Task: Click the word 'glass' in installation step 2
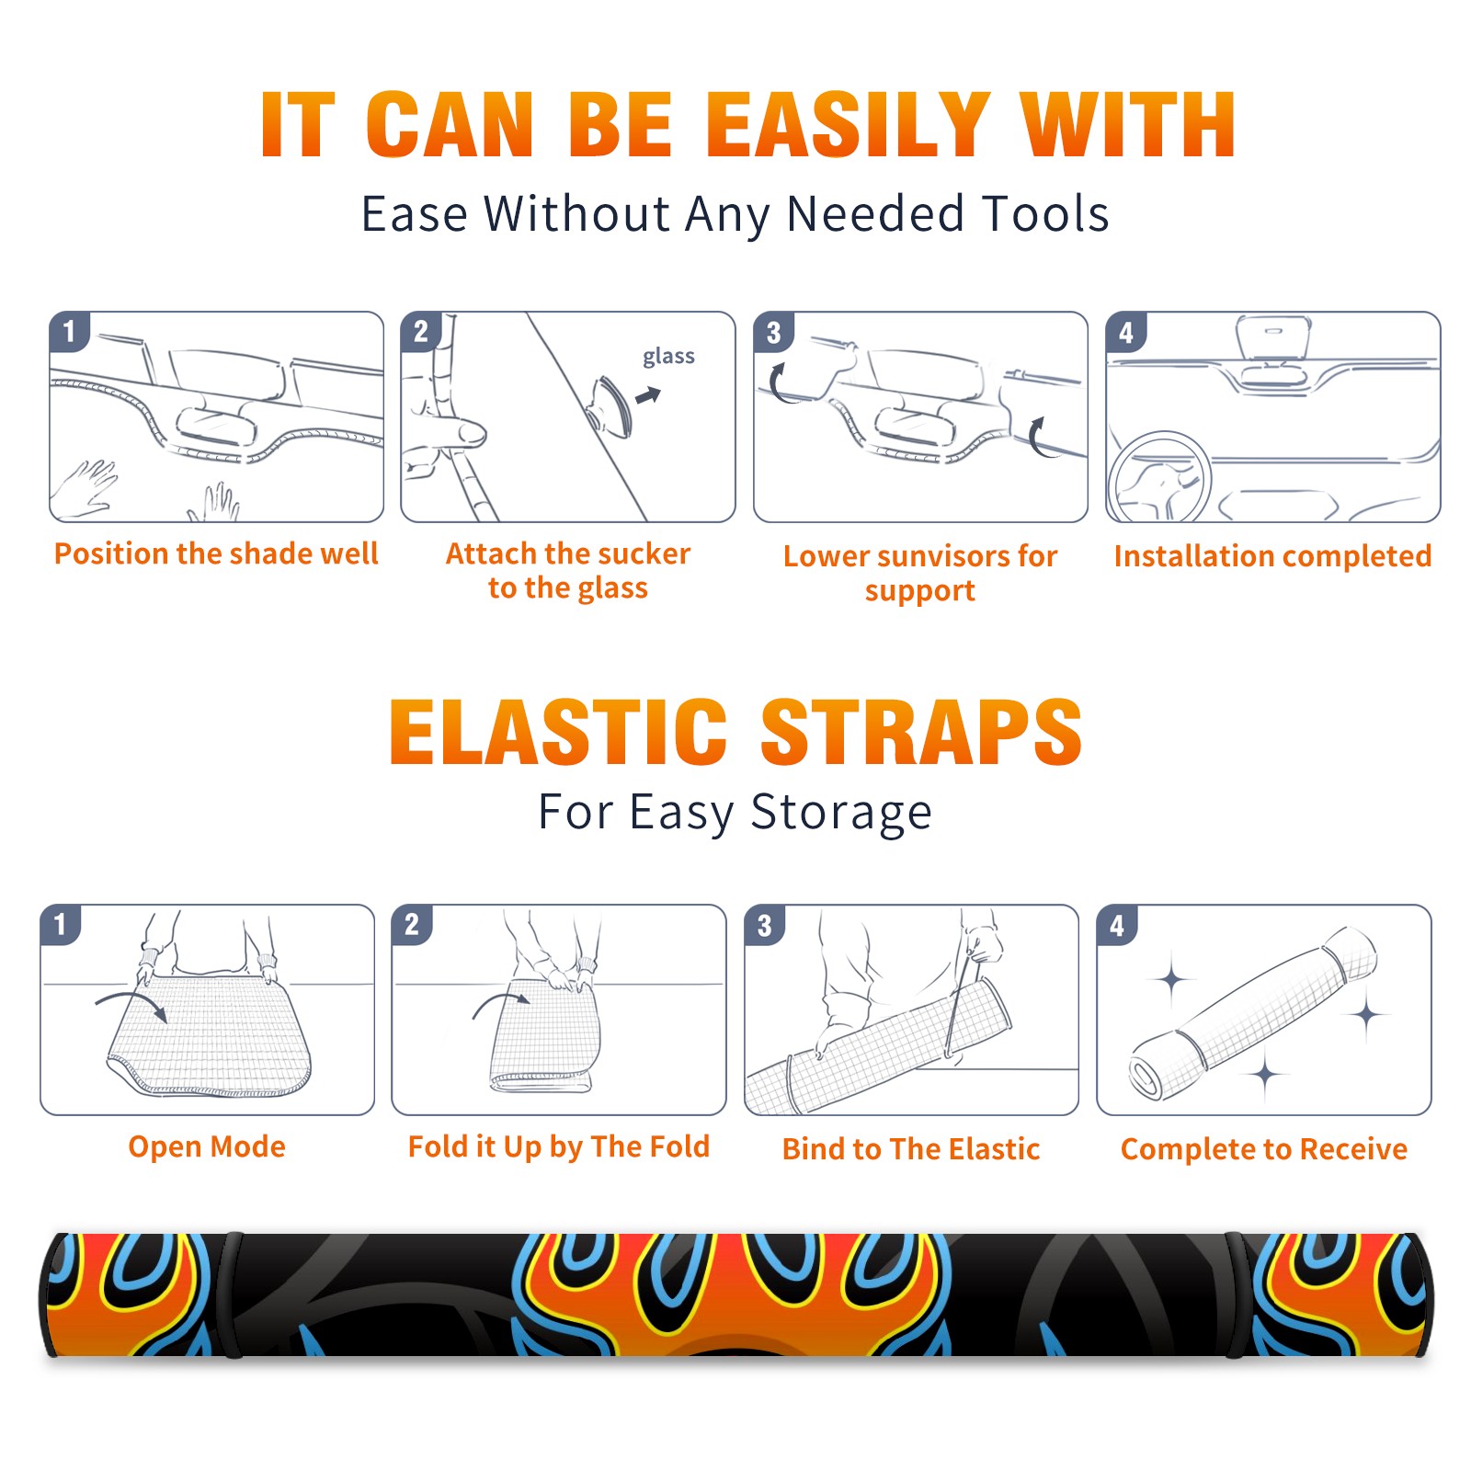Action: (x=668, y=357)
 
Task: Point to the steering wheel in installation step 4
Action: (x=1158, y=477)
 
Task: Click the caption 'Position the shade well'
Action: (x=216, y=553)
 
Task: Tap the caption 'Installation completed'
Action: (x=1272, y=556)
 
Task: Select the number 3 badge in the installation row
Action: (x=773, y=332)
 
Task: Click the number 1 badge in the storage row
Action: (x=61, y=924)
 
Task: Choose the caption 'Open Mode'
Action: (x=207, y=1146)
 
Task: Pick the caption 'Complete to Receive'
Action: (x=1264, y=1149)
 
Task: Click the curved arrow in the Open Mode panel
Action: (x=131, y=1003)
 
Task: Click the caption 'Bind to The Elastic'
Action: (x=911, y=1149)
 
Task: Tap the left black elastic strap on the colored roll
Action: (x=231, y=1295)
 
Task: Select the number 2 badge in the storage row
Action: (x=412, y=924)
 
